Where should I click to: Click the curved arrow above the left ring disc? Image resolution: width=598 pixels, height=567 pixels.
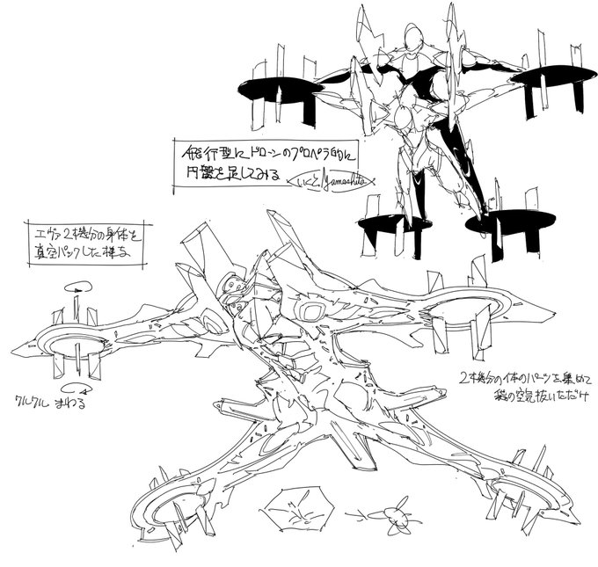[76, 287]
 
